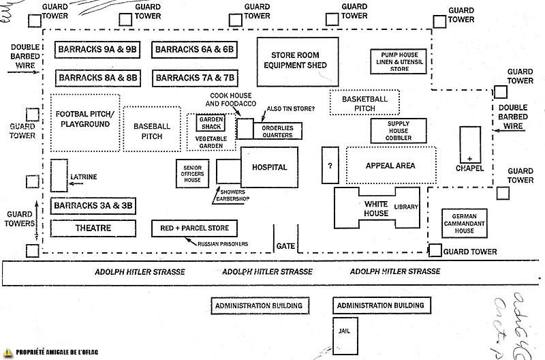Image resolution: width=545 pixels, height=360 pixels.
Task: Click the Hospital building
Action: [x=269, y=167]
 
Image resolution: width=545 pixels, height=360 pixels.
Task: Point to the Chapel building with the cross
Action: [x=470, y=150]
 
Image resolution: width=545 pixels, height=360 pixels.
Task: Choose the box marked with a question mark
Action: [x=330, y=166]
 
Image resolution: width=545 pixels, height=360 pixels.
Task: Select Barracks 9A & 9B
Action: [x=97, y=50]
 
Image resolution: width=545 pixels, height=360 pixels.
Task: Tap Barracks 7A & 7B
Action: [x=195, y=78]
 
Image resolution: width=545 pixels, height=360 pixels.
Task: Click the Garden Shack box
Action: [x=207, y=121]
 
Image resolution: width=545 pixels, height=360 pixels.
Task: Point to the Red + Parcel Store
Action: [x=195, y=228]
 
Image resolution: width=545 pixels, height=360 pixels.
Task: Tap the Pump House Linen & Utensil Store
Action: [x=399, y=61]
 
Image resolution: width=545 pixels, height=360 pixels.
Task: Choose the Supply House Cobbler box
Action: [x=399, y=131]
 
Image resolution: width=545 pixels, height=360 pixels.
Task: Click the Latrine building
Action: [x=59, y=177]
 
